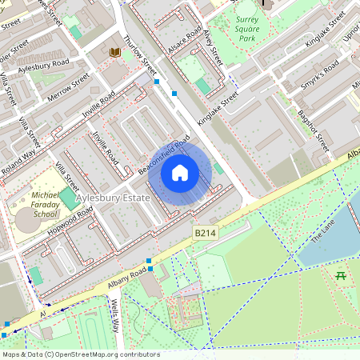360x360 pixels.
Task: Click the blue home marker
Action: tap(180, 173)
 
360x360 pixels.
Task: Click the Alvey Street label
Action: tap(212, 48)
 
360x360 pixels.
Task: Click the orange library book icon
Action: tap(115, 52)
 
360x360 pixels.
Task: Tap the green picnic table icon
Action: tap(341, 275)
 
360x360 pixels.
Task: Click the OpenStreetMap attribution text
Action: tap(80, 354)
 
